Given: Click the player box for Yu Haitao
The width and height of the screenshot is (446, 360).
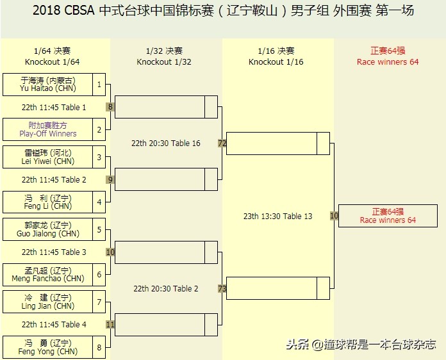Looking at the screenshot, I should point(48,85).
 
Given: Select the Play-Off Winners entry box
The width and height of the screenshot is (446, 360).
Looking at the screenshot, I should point(48,129).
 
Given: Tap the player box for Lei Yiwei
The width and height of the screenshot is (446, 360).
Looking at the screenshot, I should point(48,157).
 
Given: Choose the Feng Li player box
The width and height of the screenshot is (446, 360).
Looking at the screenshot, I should point(48,202).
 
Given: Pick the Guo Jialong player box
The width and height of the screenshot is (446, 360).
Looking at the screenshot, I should point(48,229).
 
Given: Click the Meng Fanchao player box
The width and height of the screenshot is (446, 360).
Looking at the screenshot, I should point(48,275).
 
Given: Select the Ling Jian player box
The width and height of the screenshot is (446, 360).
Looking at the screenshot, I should point(48,302).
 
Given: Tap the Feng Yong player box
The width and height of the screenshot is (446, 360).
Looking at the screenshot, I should point(48,347).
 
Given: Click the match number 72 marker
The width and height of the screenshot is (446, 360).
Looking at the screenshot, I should point(222,143).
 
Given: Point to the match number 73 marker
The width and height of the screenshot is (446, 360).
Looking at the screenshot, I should point(222,289).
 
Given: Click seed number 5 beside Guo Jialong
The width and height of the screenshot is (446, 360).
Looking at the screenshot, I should point(99,229).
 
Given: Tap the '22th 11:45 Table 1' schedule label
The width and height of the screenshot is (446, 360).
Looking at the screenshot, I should point(54,108).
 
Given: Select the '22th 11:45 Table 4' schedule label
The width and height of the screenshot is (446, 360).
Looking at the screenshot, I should point(54,325).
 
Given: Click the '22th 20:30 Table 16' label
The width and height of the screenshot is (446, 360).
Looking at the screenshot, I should point(166,143).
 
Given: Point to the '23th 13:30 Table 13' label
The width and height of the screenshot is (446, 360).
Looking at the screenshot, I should point(278,217).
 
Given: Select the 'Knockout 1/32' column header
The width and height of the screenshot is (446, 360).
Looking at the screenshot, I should point(164,62).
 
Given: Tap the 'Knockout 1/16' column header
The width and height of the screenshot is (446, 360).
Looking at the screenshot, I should point(276,62).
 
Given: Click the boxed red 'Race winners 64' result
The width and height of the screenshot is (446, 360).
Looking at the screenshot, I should point(388,216).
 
